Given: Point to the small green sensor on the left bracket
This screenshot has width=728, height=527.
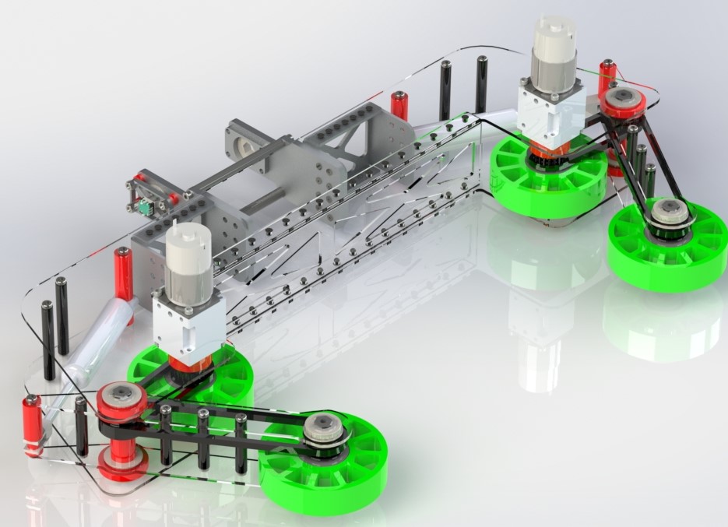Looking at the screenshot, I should tap(145, 208).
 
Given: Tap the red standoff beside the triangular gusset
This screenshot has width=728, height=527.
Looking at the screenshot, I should tap(399, 106).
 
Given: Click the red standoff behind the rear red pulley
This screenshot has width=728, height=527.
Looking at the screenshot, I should tap(607, 74).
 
